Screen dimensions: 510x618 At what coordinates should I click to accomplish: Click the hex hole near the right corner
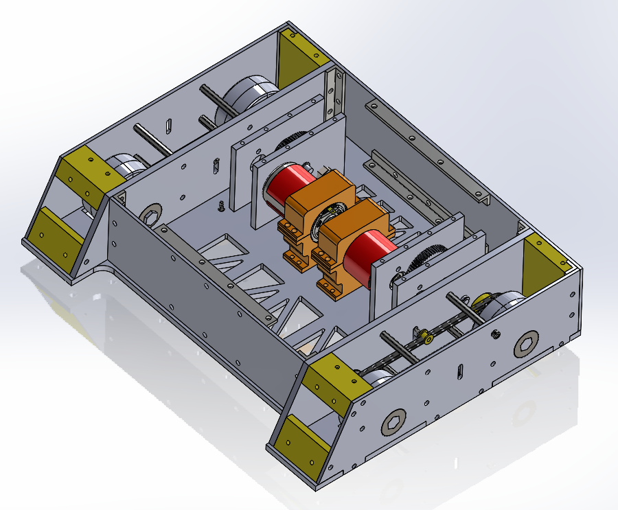tap(527, 345)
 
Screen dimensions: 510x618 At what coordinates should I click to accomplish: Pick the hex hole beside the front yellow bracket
tap(393, 421)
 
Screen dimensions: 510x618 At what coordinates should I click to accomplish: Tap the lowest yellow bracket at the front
tap(303, 443)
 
